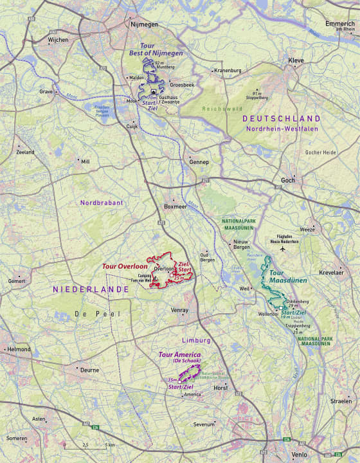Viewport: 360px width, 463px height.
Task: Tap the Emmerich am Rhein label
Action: pyautogui.click(x=340, y=26)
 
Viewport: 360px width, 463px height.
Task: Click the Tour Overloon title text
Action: pyautogui.click(x=124, y=266)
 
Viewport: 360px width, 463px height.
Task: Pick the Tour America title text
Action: pyautogui.click(x=179, y=355)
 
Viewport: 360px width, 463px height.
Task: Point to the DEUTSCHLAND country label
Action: pyautogui.click(x=281, y=119)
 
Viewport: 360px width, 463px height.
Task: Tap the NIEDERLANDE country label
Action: pyautogui.click(x=91, y=290)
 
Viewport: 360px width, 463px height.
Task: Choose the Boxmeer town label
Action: pyautogui.click(x=175, y=207)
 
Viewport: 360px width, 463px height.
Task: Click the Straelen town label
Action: pyautogui.click(x=341, y=401)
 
